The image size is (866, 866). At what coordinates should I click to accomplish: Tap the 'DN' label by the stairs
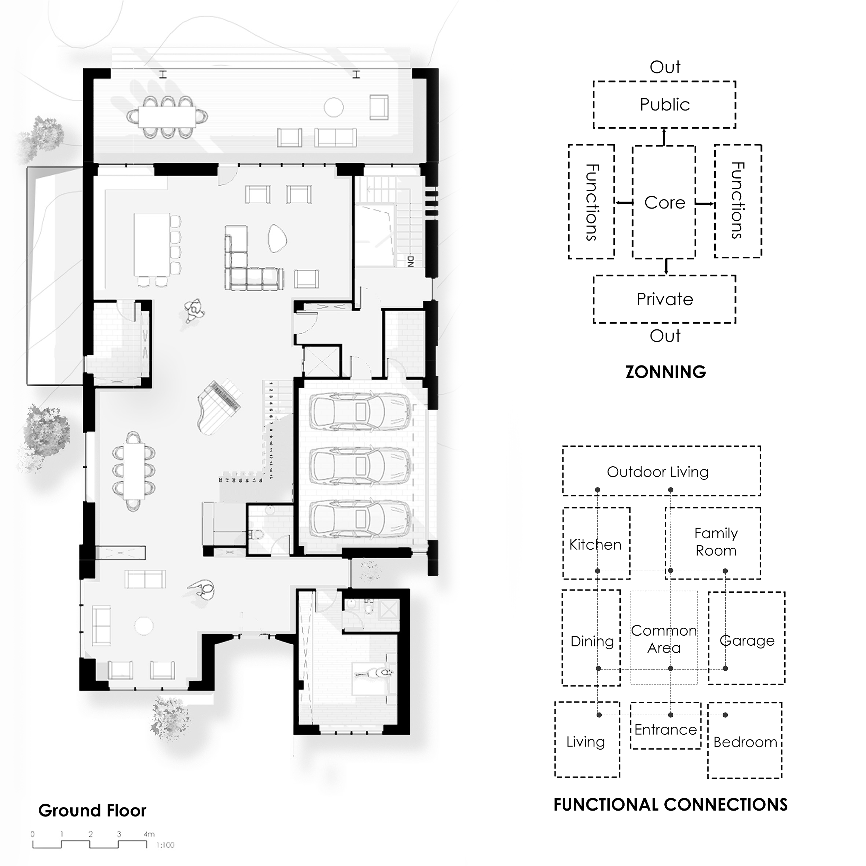pos(410,261)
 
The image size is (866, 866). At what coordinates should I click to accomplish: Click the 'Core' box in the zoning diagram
pos(664,203)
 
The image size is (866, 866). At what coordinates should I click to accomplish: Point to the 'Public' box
pos(664,105)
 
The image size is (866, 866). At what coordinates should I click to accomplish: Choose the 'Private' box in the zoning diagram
pos(664,299)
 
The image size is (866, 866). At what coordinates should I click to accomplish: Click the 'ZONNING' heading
pos(666,372)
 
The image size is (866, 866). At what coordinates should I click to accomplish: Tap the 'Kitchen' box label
pos(595,545)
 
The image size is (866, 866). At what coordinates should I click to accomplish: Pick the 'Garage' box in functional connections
pos(747,640)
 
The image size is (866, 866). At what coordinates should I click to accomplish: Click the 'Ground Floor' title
pos(92,811)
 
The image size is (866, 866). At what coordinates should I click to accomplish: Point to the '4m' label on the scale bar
pos(149,834)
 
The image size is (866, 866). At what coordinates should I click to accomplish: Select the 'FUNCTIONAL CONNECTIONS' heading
pos(671,805)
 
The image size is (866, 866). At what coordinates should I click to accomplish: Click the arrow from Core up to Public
pos(664,137)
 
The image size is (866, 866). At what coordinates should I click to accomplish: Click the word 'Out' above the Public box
pos(665,67)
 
